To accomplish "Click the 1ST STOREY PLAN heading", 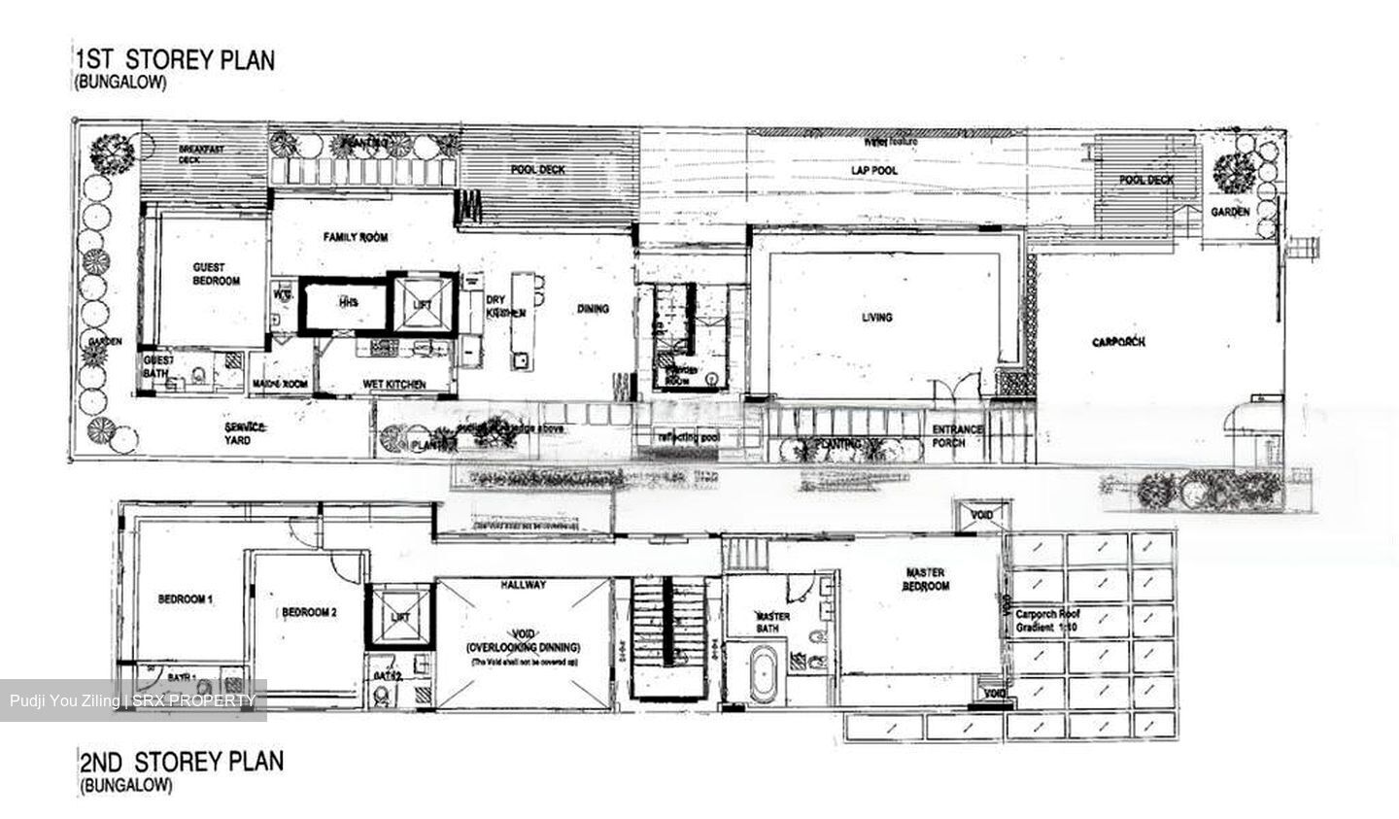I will coord(175,60).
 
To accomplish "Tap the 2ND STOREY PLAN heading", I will coord(181,760).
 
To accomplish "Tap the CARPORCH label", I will coord(1118,342).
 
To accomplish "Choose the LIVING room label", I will coord(876,317).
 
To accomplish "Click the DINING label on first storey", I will coord(593,309).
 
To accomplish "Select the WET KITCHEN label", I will coord(393,385).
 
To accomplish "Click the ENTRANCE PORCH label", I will coord(957,435).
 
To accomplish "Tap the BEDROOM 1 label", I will coord(186,599).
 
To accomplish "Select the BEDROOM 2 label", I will coord(309,612).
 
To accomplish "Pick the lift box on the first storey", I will coord(422,304).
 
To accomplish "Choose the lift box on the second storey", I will coord(399,616).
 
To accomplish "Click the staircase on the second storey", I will coord(668,636).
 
